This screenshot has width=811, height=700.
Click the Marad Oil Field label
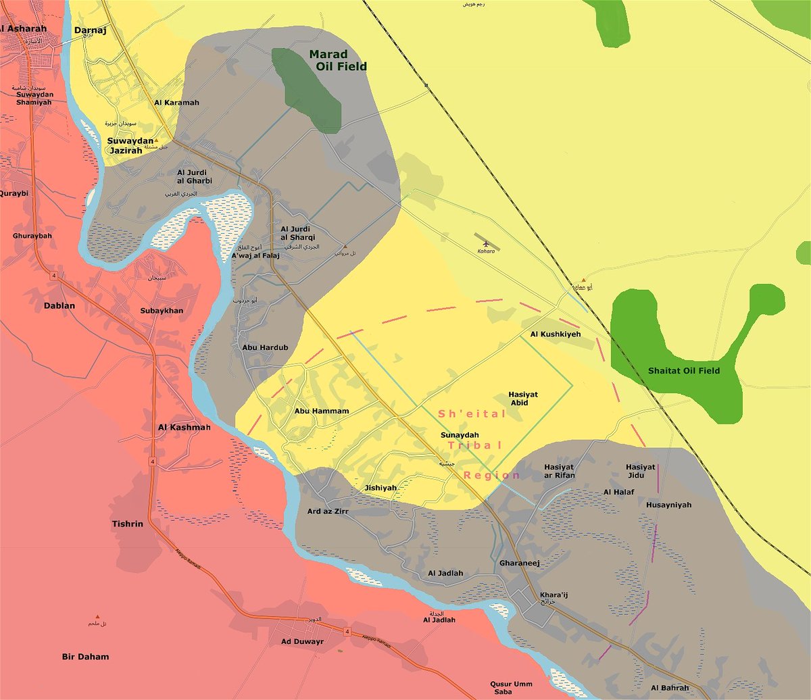pyautogui.click(x=338, y=60)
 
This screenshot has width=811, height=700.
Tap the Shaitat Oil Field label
pyautogui.click(x=683, y=370)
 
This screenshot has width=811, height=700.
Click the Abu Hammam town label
pyautogui.click(x=322, y=411)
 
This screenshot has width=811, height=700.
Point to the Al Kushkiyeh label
pyautogui.click(x=555, y=334)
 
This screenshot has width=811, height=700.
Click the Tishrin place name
pyautogui.click(x=127, y=524)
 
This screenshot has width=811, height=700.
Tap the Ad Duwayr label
pyautogui.click(x=303, y=641)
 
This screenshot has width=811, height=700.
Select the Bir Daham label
pyautogui.click(x=85, y=656)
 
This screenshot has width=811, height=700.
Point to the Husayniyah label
pyautogui.click(x=668, y=504)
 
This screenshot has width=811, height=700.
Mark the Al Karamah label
pyautogui.click(x=176, y=103)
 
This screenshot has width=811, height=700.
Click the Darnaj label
pyautogui.click(x=90, y=30)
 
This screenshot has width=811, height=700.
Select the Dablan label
pyautogui.click(x=59, y=305)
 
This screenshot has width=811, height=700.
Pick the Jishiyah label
pyautogui.click(x=380, y=487)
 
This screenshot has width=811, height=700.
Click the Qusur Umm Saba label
pyautogui.click(x=512, y=688)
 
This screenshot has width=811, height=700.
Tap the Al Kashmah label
pyautogui.click(x=184, y=428)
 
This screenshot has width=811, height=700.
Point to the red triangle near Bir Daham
pyautogui.click(x=97, y=616)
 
